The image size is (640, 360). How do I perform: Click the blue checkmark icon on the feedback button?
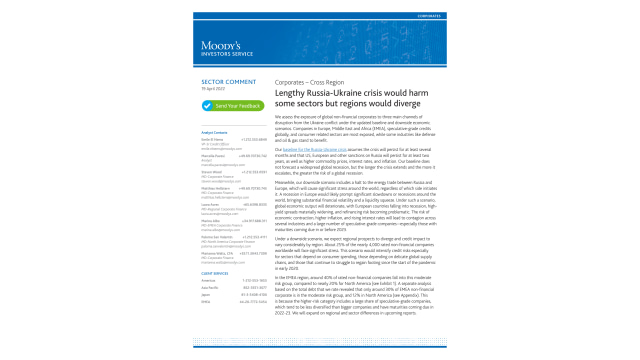207,105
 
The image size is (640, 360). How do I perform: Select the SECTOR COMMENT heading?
225,80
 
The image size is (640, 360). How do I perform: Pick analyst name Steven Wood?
211,171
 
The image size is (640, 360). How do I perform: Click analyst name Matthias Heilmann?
216,187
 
